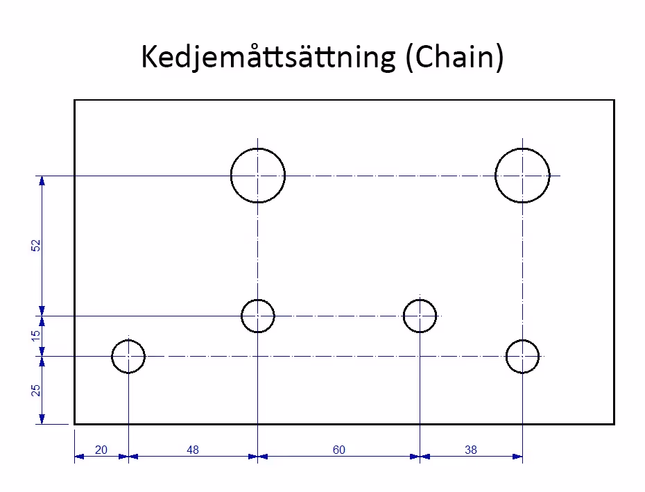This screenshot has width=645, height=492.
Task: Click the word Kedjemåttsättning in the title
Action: coord(267,58)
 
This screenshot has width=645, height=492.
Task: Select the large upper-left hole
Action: coord(258,176)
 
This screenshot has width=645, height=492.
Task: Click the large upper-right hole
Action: coord(522,176)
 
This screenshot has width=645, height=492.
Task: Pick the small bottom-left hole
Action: coord(128,357)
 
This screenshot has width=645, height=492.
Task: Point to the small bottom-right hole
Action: coord(522,357)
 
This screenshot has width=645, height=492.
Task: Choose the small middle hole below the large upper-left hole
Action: coord(258,316)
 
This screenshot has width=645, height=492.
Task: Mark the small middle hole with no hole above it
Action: coord(420,316)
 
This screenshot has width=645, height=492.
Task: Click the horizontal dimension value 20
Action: coord(101,450)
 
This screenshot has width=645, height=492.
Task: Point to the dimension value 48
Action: coord(193,450)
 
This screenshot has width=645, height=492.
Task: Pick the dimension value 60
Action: coord(338,450)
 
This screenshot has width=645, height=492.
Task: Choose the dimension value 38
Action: coord(471,450)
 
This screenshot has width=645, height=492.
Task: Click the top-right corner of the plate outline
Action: coord(614,101)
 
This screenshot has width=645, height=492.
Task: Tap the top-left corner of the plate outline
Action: coord(75,101)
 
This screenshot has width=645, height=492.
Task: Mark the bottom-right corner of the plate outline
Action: coord(614,423)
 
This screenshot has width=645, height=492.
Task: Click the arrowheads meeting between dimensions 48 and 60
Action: coord(258,457)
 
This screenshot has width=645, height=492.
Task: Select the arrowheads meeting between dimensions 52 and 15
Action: coord(42,316)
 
